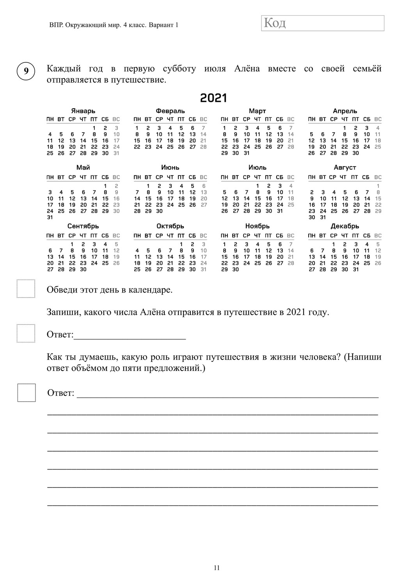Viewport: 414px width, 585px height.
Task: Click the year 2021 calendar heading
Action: coord(213,98)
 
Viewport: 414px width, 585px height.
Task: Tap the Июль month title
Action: coord(257,167)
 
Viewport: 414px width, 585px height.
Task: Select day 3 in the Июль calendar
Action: coord(280,186)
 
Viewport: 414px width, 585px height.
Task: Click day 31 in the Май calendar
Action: coord(50,217)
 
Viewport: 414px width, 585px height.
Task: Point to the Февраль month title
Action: coord(170,111)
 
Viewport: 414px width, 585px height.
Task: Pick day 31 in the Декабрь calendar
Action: coord(355,269)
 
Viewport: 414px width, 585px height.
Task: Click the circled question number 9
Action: coord(26,71)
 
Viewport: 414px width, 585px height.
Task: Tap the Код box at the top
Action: coord(322,23)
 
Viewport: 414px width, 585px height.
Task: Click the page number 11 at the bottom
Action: coord(217,568)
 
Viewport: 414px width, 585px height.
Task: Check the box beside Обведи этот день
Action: coord(26,289)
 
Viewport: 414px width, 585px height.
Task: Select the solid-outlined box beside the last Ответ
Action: coord(27,392)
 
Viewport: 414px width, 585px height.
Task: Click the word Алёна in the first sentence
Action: coord(247,69)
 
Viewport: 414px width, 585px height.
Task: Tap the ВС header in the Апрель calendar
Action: coord(378,119)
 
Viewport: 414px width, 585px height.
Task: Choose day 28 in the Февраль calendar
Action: coord(203,147)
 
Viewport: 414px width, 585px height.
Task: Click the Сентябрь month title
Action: coord(83,226)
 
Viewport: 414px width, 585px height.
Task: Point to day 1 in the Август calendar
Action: coord(378,186)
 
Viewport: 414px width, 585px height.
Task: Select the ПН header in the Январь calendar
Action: coord(50,119)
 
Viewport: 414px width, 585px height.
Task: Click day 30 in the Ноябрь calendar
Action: coord(235,269)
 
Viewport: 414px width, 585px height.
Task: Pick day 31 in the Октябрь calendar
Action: coord(203,269)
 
